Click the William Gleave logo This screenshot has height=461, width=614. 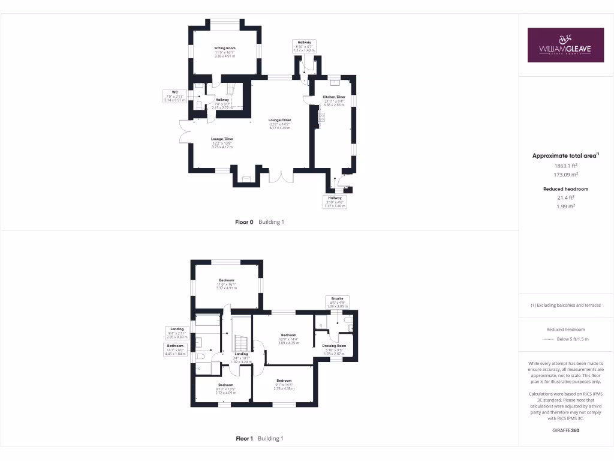[x=565, y=45]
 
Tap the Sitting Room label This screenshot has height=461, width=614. [x=225, y=48]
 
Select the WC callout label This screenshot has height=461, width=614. [x=174, y=96]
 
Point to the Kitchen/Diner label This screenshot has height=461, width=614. [x=334, y=97]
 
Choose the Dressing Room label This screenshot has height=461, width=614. [x=334, y=346]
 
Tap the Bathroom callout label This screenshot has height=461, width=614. [x=176, y=349]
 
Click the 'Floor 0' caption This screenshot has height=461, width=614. [x=245, y=222]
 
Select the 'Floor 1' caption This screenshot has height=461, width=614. [x=245, y=439]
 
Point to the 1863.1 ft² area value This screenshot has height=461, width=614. [x=565, y=165]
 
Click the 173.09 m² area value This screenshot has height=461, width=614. [x=565, y=175]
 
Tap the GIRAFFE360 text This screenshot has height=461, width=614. [x=565, y=430]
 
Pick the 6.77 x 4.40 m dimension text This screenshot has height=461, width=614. [x=280, y=128]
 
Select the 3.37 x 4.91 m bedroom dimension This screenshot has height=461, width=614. [x=226, y=288]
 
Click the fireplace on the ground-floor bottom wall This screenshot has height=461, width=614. [x=246, y=178]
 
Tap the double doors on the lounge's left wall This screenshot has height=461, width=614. [x=183, y=132]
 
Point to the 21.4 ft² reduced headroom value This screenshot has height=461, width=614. [x=565, y=197]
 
